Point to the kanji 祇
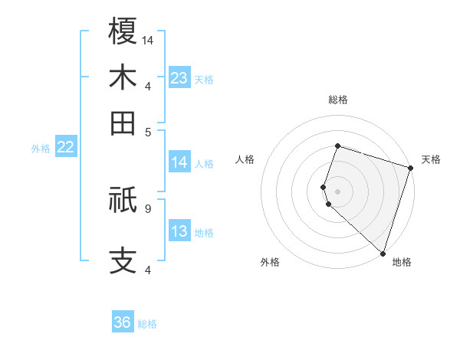123,200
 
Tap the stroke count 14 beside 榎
149,39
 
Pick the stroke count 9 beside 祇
147,208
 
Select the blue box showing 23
179,77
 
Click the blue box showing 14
179,162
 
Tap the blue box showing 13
179,231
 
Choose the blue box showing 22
65,147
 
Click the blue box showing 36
123,322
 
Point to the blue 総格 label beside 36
147,324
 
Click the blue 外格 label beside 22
41,149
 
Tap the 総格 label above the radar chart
337,100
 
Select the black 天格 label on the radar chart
431,159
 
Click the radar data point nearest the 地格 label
383,253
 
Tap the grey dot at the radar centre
337,191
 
